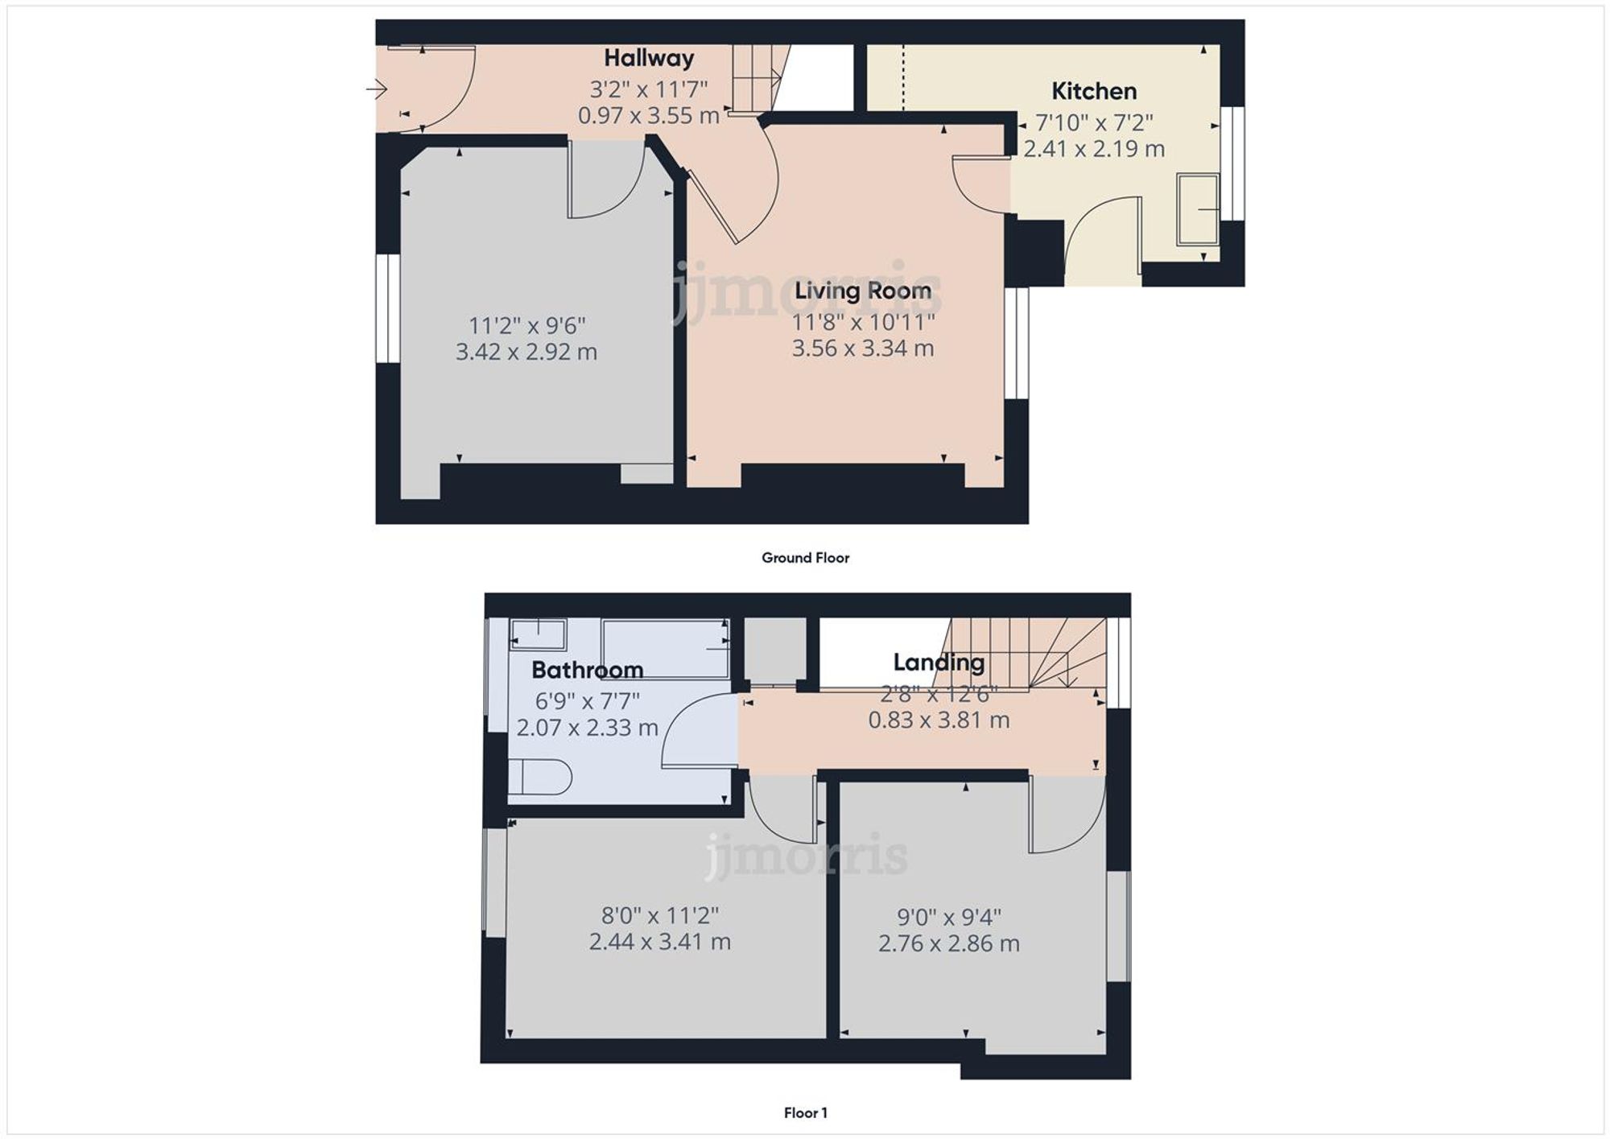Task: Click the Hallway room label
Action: click(648, 58)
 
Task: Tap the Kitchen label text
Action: click(1093, 91)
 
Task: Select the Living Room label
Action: click(862, 291)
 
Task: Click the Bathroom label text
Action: click(587, 670)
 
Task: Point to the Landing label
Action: click(938, 662)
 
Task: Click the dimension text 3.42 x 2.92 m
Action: click(526, 352)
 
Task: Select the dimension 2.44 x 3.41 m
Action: click(659, 941)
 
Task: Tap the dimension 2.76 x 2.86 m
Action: click(948, 943)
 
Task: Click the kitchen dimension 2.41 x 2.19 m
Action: click(1093, 149)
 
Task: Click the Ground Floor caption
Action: click(805, 558)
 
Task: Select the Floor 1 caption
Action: click(805, 1112)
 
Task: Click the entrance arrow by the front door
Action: click(377, 89)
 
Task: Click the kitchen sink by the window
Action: click(1198, 209)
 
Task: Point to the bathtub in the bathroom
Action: click(665, 649)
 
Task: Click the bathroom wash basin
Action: click(538, 634)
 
